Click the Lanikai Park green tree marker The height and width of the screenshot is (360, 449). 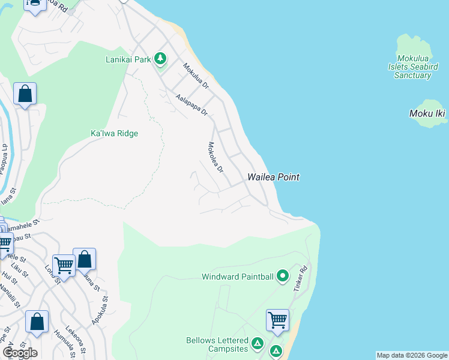click(x=160, y=59)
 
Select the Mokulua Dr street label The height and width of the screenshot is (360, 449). click(x=196, y=77)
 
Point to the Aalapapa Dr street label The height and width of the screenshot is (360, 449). click(x=191, y=104)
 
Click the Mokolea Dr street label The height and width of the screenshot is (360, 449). click(x=215, y=158)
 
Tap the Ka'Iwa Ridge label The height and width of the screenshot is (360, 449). click(x=114, y=133)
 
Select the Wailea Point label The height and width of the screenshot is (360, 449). click(x=273, y=177)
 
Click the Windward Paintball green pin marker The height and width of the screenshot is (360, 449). click(x=283, y=277)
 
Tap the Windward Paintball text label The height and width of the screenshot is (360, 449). click(x=238, y=277)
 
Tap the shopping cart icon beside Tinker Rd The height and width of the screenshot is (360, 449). click(x=277, y=320)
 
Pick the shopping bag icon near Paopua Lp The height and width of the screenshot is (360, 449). click(x=25, y=94)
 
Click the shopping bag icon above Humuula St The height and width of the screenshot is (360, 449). click(x=37, y=322)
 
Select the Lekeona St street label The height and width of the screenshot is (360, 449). click(x=78, y=340)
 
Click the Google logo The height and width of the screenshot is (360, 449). click(x=20, y=353)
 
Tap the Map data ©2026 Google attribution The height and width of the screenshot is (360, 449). click(x=412, y=355)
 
